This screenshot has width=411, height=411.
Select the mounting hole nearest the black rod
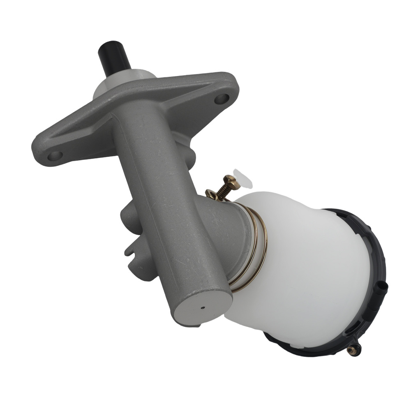coord(222,98)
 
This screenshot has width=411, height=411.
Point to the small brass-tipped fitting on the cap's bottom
coord(351,350)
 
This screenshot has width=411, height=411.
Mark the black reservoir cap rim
coord(370,255)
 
